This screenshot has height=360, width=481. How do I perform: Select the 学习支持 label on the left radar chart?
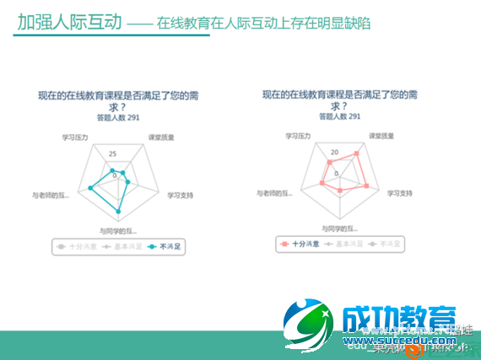(180, 195)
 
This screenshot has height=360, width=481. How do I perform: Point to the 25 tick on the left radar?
(112, 153)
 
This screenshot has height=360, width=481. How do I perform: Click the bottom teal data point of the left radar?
(118, 211)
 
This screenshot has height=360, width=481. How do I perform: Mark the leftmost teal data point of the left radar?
(90, 188)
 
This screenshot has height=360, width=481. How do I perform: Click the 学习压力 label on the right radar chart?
(298, 135)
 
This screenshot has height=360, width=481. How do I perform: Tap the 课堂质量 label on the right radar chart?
(383, 136)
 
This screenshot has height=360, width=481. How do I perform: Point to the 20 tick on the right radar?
(335, 153)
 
